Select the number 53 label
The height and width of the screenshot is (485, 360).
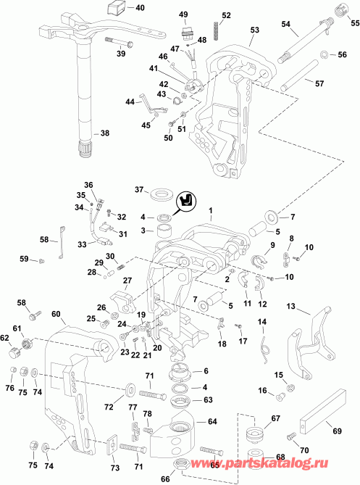254,30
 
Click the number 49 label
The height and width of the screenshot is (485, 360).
183,14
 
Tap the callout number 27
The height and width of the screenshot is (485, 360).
127,281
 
